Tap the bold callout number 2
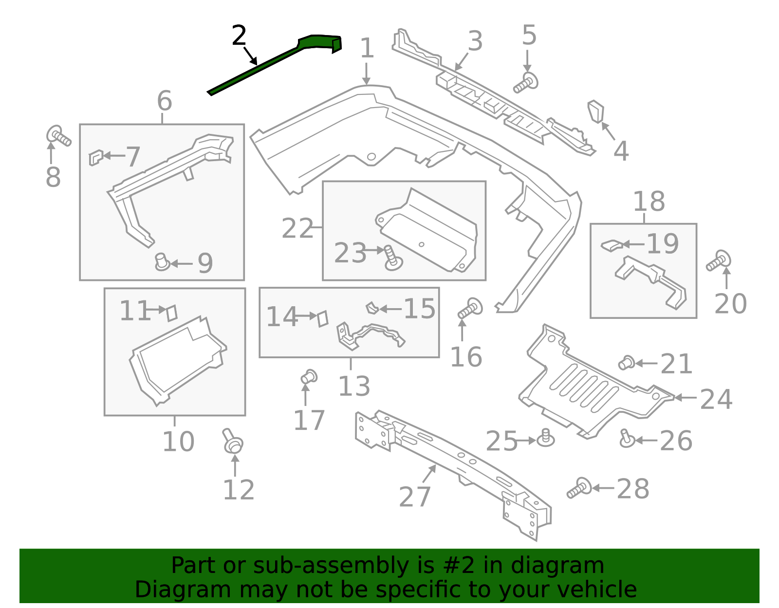[239, 36]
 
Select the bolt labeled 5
[526, 83]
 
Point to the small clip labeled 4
[596, 111]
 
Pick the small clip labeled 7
[95, 157]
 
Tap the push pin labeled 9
[162, 262]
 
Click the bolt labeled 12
[233, 441]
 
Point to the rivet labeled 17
[309, 377]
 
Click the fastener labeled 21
[626, 363]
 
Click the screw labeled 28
[579, 488]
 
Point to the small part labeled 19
[612, 245]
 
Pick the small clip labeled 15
[372, 308]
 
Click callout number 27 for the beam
[415, 497]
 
